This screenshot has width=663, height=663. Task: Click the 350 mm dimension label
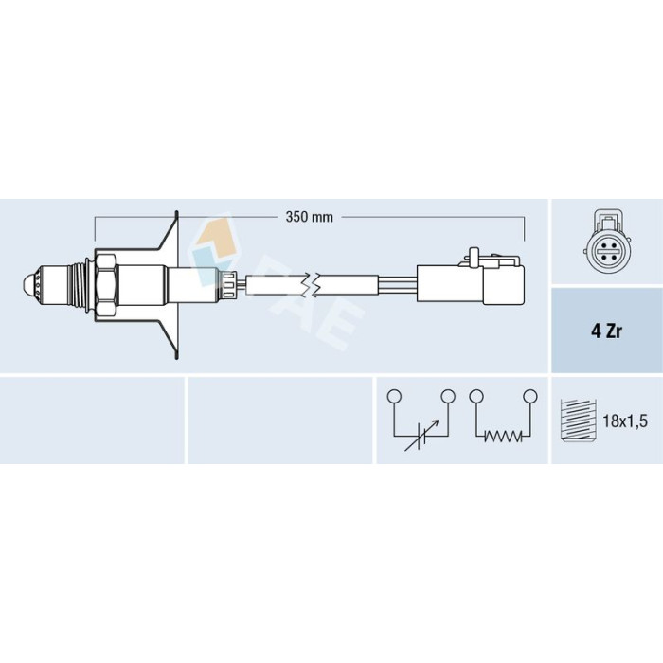pos(309,217)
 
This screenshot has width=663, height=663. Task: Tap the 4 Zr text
pos(606,331)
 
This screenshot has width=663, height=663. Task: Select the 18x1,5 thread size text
pos(625,421)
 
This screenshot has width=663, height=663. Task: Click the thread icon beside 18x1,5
pos(578,420)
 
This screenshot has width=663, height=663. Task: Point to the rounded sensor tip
pos(27,284)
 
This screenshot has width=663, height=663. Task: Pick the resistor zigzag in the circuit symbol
pos(503,436)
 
